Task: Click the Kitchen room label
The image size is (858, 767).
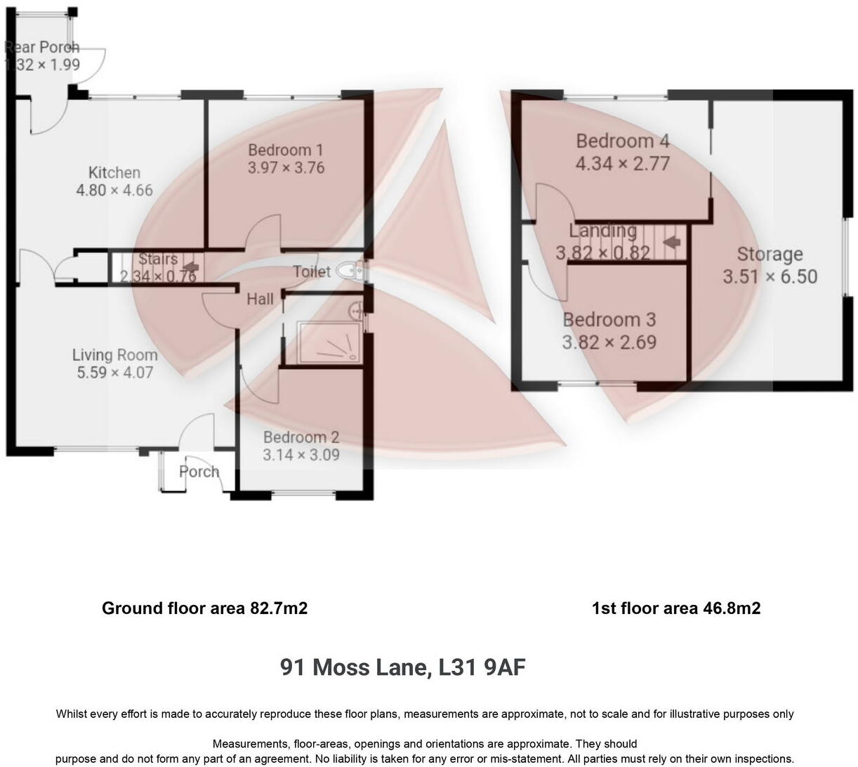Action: point(114,172)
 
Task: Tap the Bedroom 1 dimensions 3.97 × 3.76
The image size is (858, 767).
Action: point(286,168)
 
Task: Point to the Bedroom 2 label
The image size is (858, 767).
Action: point(301,437)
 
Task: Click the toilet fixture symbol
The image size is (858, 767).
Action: point(348,270)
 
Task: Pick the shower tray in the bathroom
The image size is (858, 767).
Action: point(329,342)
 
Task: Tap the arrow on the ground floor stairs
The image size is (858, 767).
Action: point(188,266)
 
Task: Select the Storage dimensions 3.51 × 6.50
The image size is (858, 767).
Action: point(770,276)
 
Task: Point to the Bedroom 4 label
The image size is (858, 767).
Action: point(622,141)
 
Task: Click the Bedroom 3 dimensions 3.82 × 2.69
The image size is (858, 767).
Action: point(609,342)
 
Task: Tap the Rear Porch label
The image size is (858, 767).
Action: point(42,47)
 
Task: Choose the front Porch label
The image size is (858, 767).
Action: point(199,472)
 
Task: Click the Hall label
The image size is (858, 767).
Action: point(260,299)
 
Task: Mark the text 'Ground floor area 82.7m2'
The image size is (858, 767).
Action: point(204,608)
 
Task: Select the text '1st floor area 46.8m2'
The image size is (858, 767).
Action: point(675,608)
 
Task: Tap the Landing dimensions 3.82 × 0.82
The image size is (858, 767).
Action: point(602,253)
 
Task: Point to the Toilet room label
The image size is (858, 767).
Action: point(311,272)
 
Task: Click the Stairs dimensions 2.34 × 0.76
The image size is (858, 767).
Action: point(157,276)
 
